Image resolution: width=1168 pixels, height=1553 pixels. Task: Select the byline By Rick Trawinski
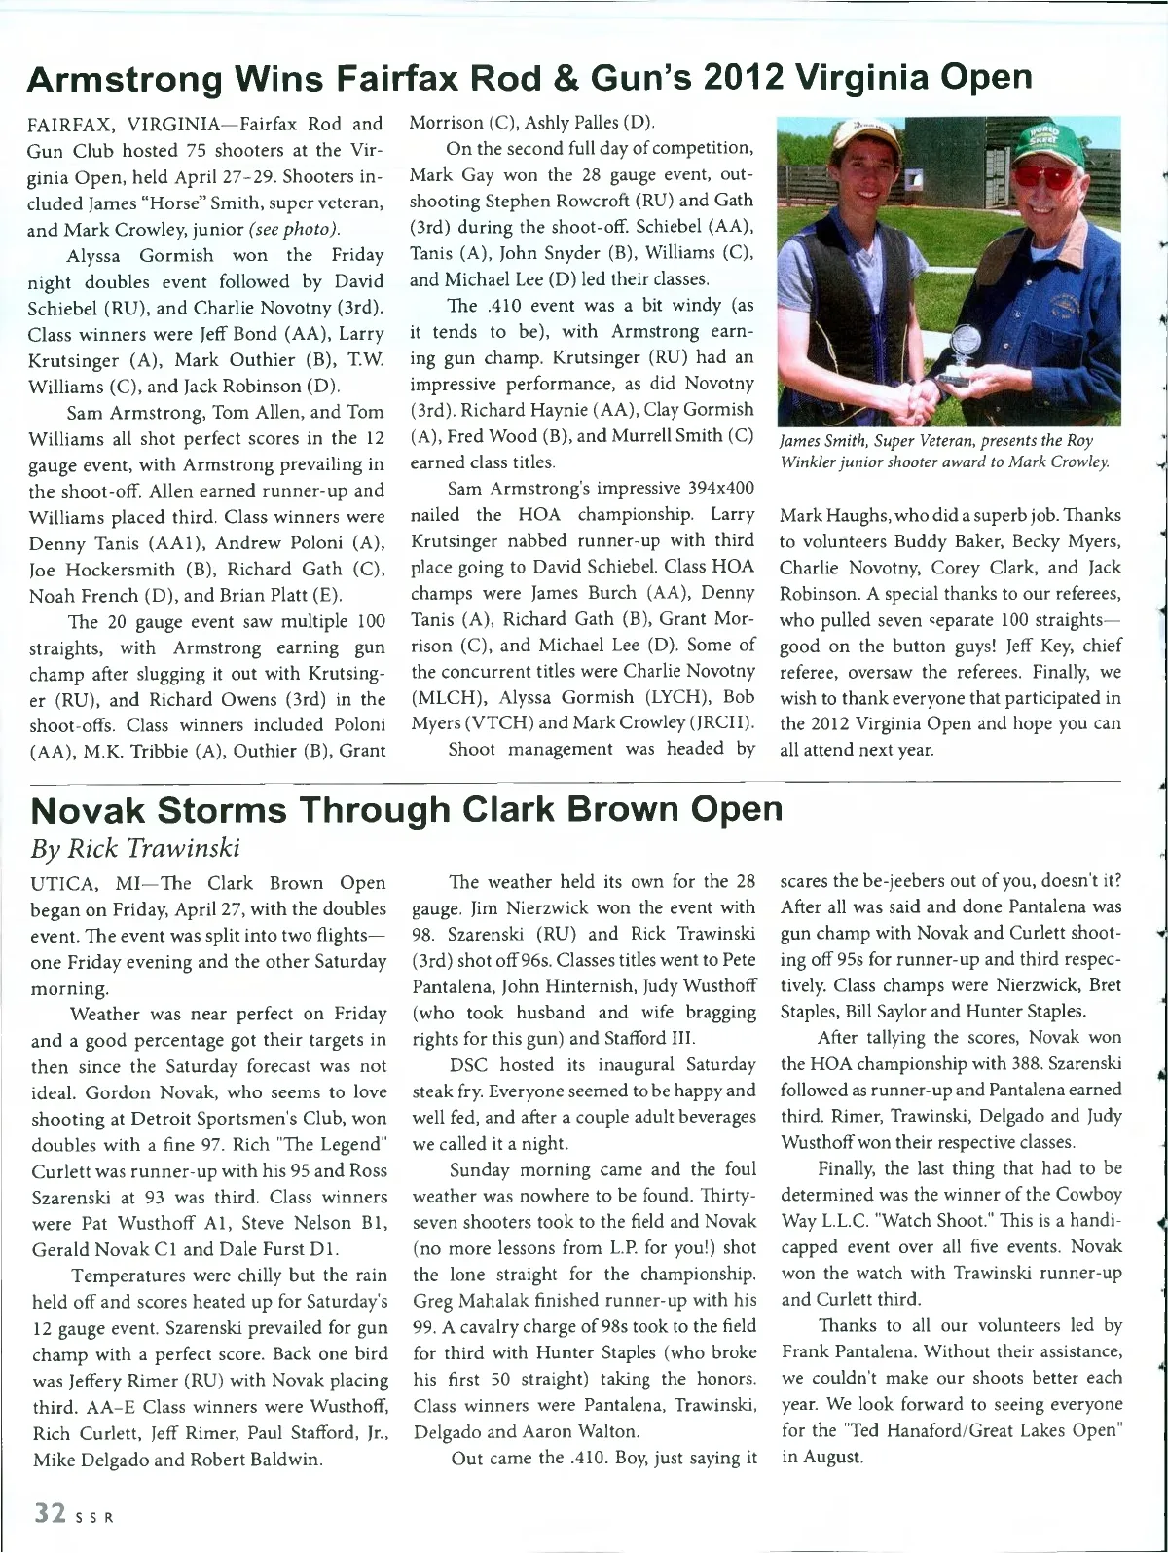click(135, 848)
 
